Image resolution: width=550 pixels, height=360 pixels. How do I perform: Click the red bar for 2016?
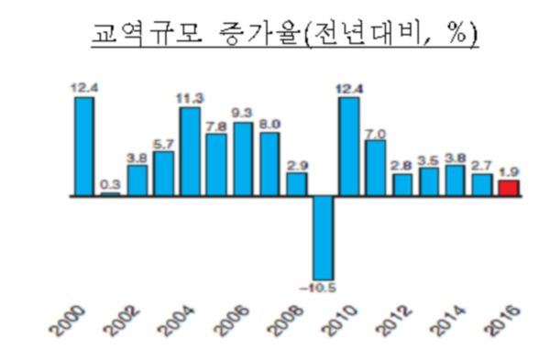coord(509,188)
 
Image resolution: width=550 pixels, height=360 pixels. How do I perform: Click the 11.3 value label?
coord(190,99)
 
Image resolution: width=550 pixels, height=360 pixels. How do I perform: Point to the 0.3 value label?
coord(110,184)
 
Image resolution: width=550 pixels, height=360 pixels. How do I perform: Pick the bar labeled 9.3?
coord(243,158)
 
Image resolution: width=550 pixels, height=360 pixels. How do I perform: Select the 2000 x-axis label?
coord(82,322)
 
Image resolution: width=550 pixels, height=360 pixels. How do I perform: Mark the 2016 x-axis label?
coord(507,322)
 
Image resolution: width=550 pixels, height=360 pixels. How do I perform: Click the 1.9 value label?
coord(509,170)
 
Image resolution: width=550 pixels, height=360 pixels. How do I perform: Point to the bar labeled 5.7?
coord(164,173)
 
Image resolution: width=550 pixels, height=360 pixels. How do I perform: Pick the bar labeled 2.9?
coord(296,184)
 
